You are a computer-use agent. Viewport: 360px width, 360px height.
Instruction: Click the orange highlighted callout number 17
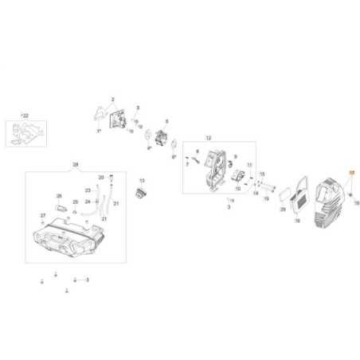(x=351, y=173)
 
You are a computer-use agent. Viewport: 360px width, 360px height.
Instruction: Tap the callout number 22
(x=25, y=115)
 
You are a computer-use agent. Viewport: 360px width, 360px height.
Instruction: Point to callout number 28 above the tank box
(x=76, y=165)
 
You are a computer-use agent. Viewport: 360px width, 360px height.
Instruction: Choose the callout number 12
(x=208, y=138)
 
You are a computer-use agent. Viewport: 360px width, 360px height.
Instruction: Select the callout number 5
(x=167, y=121)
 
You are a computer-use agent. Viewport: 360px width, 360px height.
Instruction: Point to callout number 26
(x=58, y=196)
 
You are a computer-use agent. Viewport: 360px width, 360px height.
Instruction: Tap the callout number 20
(x=100, y=176)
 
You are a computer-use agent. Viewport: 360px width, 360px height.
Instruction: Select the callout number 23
(x=87, y=191)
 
